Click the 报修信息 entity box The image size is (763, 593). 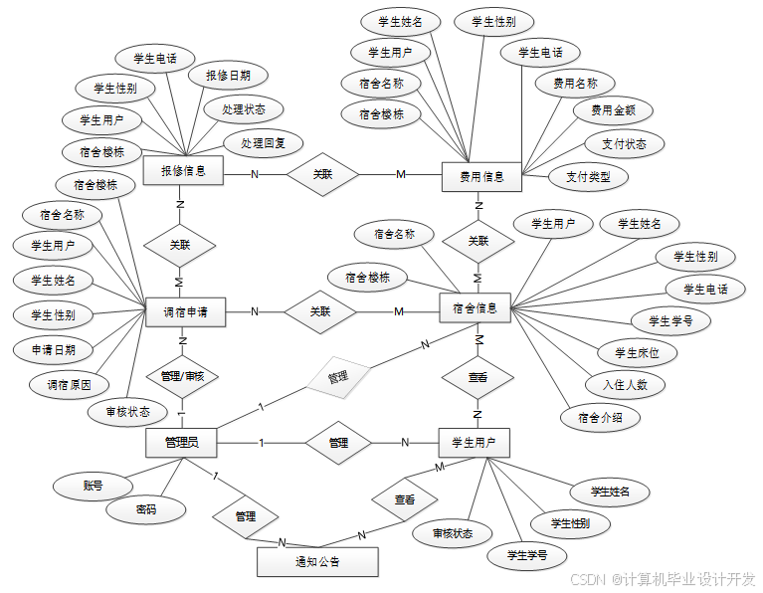[184, 171]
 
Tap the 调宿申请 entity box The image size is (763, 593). [184, 311]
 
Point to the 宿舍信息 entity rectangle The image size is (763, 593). [476, 308]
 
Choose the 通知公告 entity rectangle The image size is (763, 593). [317, 562]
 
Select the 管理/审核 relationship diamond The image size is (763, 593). [182, 376]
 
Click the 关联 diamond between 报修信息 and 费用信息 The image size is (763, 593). [322, 174]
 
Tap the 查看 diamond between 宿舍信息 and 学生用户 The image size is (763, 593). [477, 377]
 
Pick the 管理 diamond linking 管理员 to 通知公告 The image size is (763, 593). [246, 516]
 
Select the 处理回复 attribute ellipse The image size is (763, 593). [263, 143]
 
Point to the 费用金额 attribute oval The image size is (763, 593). [613, 110]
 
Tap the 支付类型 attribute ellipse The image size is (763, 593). [589, 178]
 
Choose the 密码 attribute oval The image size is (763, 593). [146, 510]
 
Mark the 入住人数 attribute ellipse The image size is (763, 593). [625, 384]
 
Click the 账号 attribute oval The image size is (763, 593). [93, 487]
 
